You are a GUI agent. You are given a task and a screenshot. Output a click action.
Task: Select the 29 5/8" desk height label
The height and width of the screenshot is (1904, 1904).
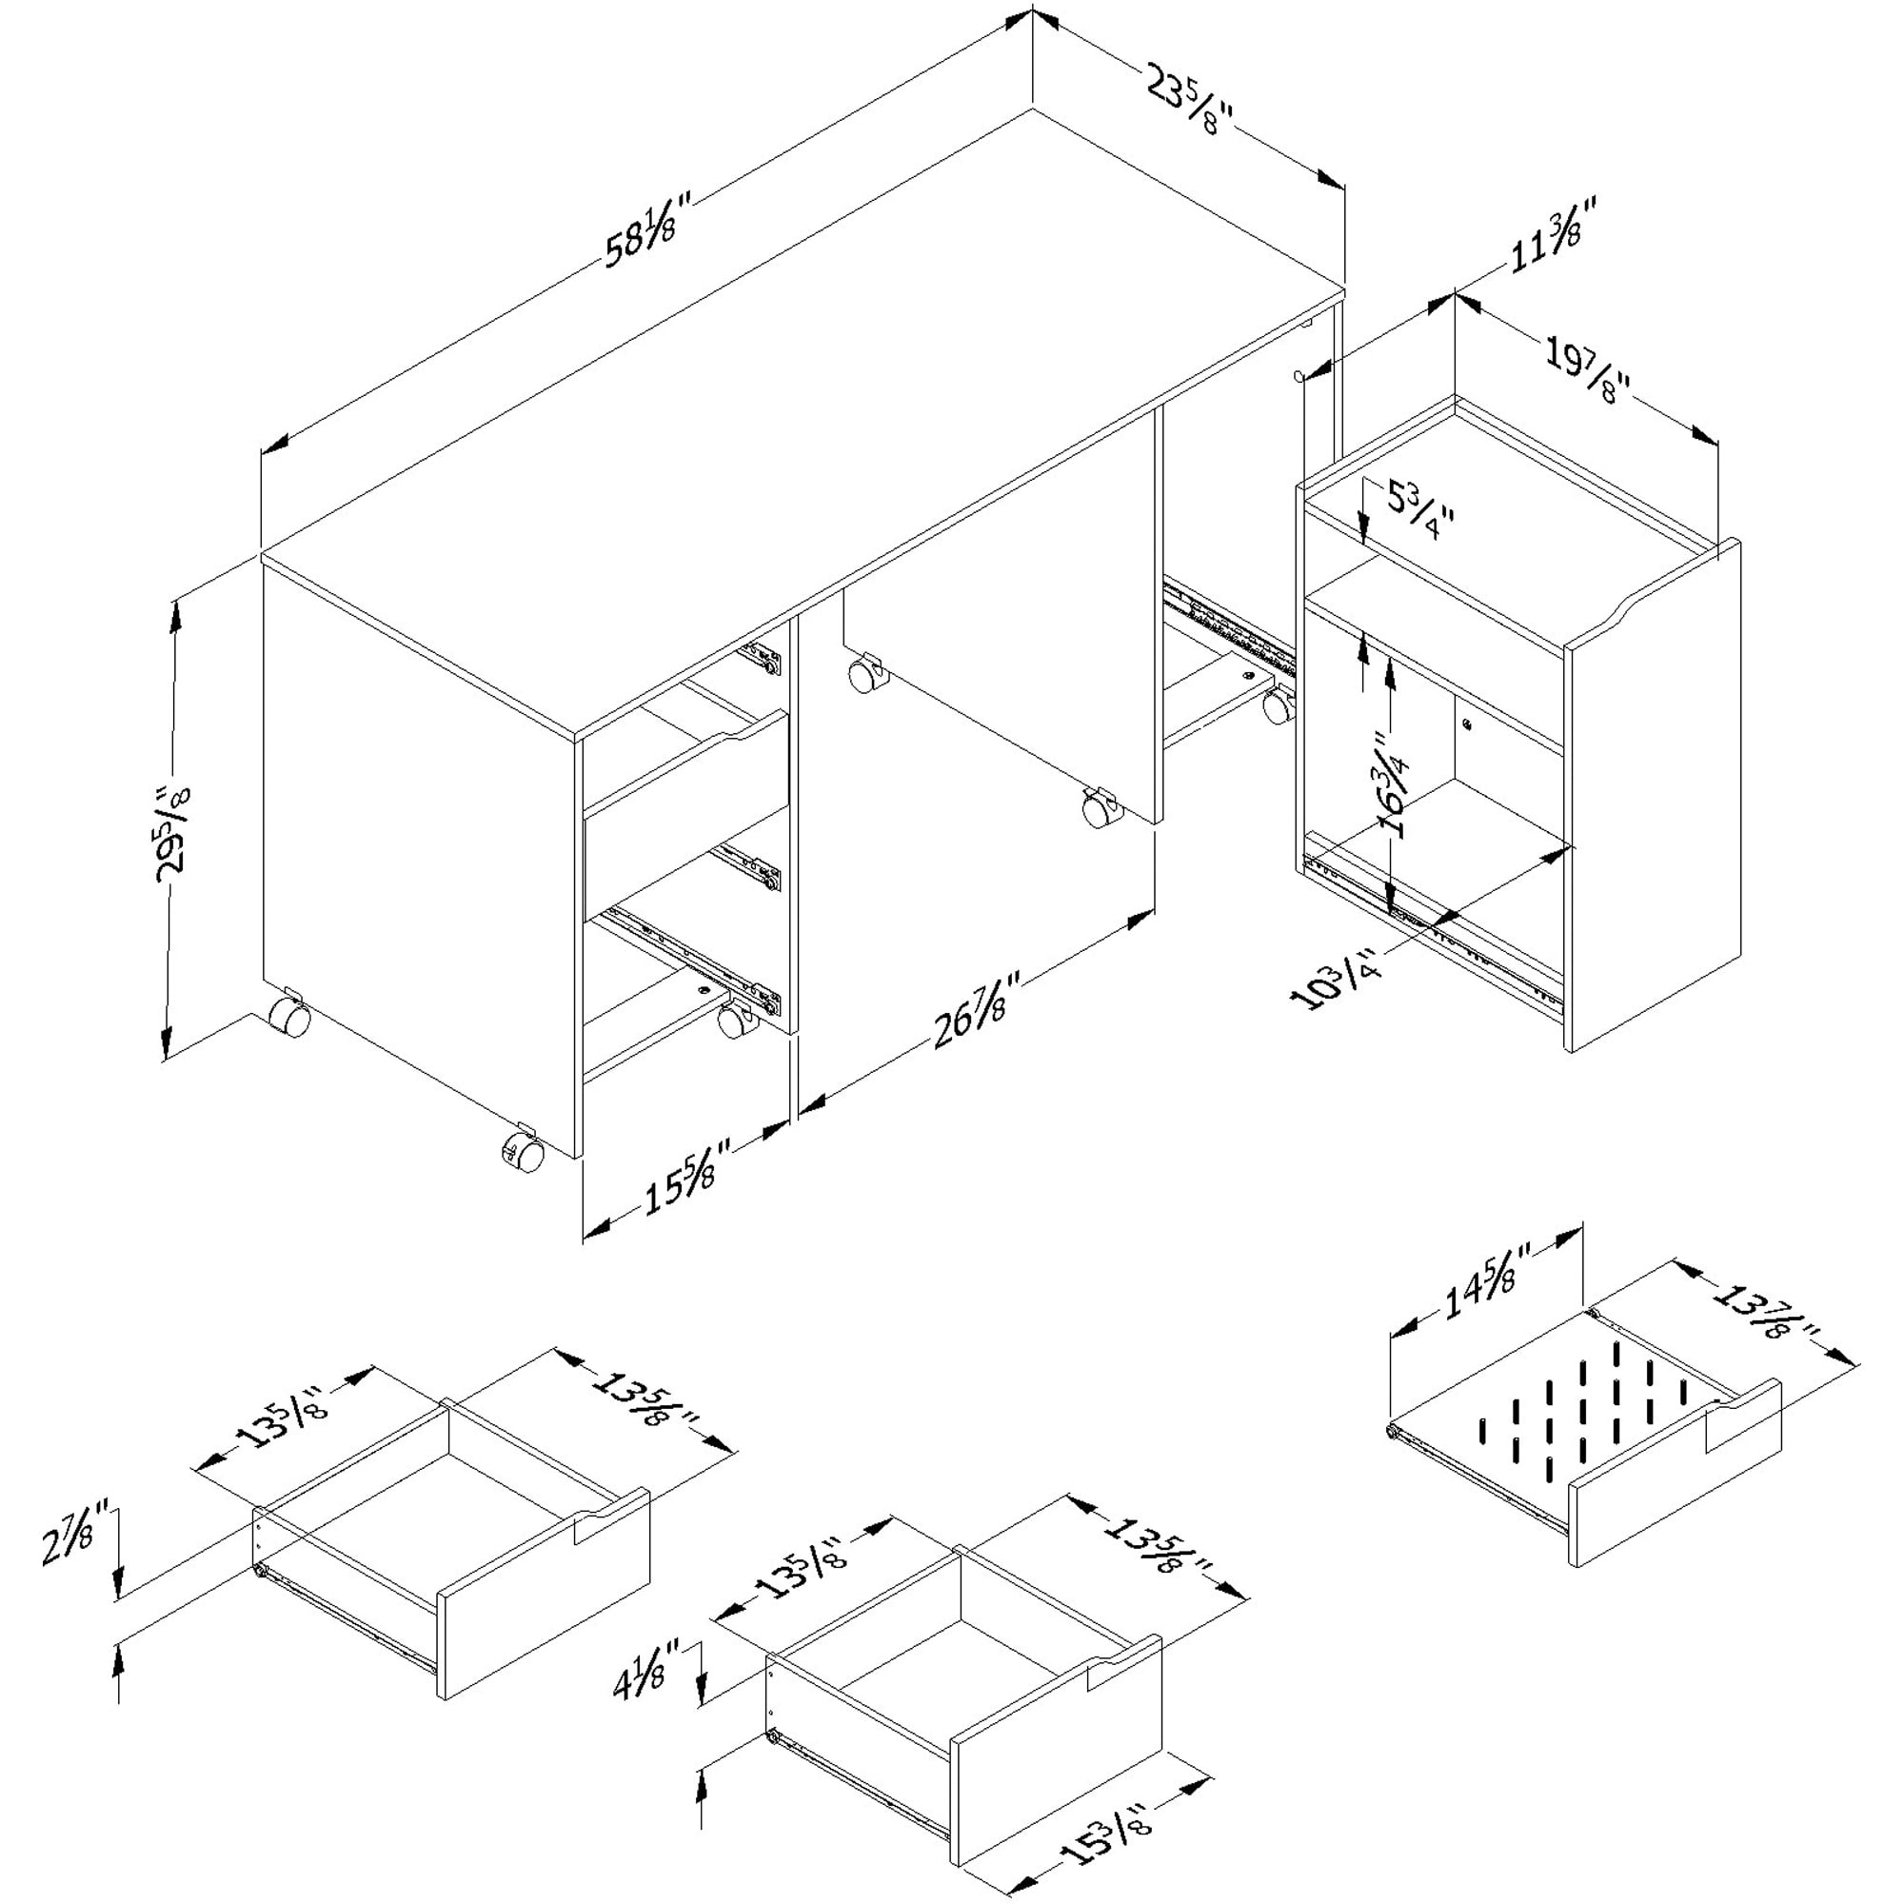[x=176, y=828]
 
